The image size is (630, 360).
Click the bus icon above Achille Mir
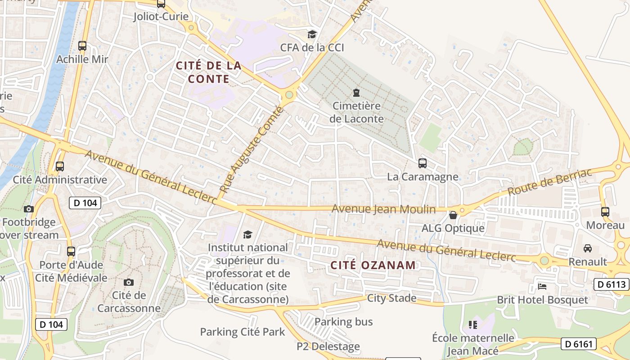click(82, 45)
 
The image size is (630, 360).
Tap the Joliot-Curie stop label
click(161, 17)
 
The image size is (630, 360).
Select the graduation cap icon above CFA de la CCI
click(312, 34)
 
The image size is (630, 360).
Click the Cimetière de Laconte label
click(356, 112)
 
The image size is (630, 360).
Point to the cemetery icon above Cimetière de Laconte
click(356, 93)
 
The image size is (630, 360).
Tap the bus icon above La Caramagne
click(422, 163)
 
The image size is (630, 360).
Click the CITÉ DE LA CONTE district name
click(209, 72)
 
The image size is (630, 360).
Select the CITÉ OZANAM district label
click(373, 265)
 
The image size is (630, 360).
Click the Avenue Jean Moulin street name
click(383, 209)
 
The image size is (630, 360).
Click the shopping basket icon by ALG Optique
click(453, 215)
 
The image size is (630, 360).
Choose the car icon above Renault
click(587, 248)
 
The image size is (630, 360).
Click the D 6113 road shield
click(612, 284)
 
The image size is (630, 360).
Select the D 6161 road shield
click(578, 344)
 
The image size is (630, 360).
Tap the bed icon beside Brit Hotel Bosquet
click(542, 286)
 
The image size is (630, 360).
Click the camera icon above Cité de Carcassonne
click(129, 282)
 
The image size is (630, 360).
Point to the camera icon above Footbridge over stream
click(28, 209)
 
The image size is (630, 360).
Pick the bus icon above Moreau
click(605, 211)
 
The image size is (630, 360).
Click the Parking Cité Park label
click(243, 332)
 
